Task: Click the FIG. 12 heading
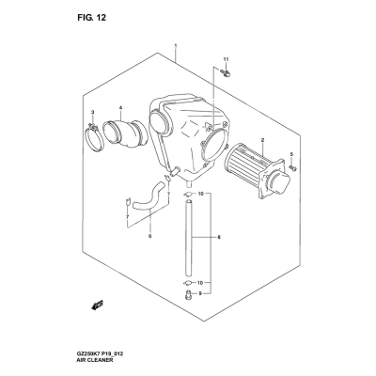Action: pyautogui.click(x=92, y=18)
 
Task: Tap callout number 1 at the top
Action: pyautogui.click(x=176, y=46)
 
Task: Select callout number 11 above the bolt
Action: pyautogui.click(x=226, y=59)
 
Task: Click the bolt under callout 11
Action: pyautogui.click(x=225, y=73)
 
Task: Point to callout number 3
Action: pyautogui.click(x=92, y=112)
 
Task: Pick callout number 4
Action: pyautogui.click(x=120, y=108)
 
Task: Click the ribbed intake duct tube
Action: pyautogui.click(x=125, y=133)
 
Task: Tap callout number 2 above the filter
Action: pyautogui.click(x=262, y=140)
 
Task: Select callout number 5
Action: pyautogui.click(x=291, y=154)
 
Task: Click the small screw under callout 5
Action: pyautogui.click(x=293, y=168)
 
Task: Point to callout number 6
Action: pyautogui.click(x=149, y=236)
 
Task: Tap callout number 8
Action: pyautogui.click(x=219, y=237)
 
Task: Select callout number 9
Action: pyautogui.click(x=200, y=293)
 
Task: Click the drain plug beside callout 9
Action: pyautogui.click(x=187, y=294)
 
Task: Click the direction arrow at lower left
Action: pyautogui.click(x=98, y=305)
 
